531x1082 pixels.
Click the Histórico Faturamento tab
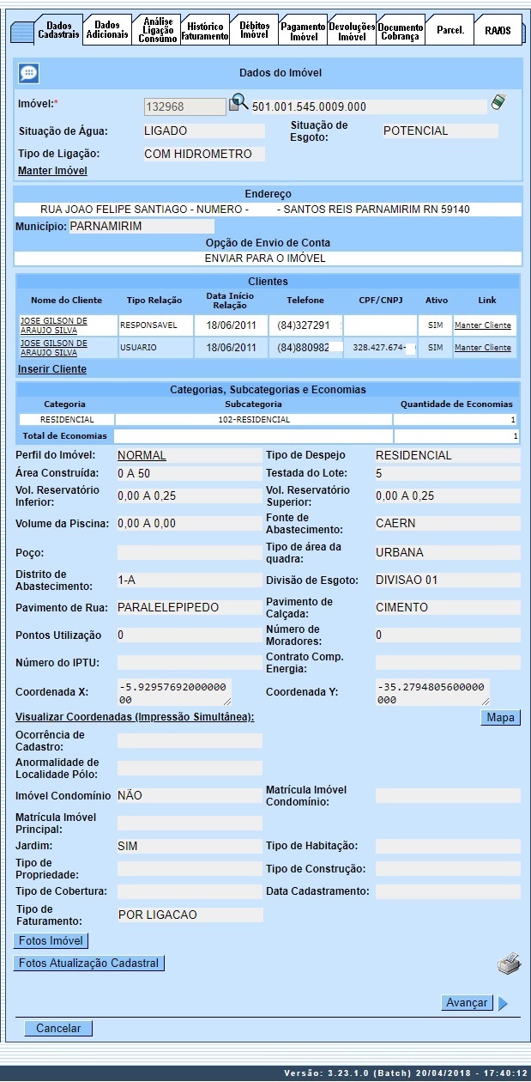click(205, 31)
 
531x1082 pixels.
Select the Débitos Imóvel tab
click(254, 30)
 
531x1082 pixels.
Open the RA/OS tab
click(497, 30)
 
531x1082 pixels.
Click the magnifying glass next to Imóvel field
click(238, 105)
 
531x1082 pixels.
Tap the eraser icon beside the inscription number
click(498, 103)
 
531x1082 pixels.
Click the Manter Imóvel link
click(52, 171)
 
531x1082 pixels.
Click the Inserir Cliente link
click(52, 369)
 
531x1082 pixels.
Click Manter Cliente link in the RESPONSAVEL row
click(482, 325)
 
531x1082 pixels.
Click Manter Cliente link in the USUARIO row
click(482, 348)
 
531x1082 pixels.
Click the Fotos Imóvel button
click(51, 941)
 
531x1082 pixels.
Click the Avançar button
click(467, 1003)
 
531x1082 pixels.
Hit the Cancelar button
click(58, 1029)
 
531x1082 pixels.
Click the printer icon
click(509, 963)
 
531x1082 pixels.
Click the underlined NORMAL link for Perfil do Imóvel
click(142, 455)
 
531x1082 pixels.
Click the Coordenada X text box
click(174, 691)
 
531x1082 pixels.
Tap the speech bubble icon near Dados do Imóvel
click(28, 74)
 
